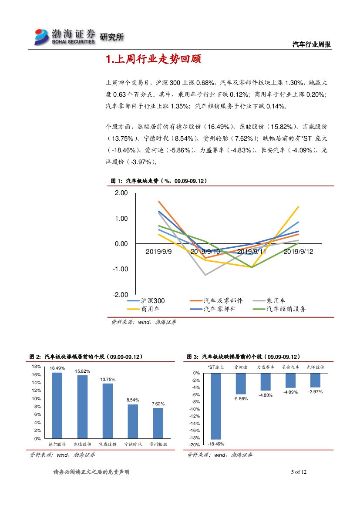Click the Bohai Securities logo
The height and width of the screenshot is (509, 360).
(65, 37)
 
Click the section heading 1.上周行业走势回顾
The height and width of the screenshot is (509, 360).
(153, 60)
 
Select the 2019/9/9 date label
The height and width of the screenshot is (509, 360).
(159, 252)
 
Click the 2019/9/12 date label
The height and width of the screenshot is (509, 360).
(298, 252)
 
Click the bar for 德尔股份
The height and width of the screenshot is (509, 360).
(57, 405)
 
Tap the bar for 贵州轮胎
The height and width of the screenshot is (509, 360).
(158, 423)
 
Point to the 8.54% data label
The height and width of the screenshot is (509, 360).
(133, 400)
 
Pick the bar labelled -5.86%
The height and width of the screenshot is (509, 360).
(241, 383)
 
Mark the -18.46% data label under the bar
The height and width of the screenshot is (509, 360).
(216, 444)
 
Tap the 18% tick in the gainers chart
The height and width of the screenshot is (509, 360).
(37, 367)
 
